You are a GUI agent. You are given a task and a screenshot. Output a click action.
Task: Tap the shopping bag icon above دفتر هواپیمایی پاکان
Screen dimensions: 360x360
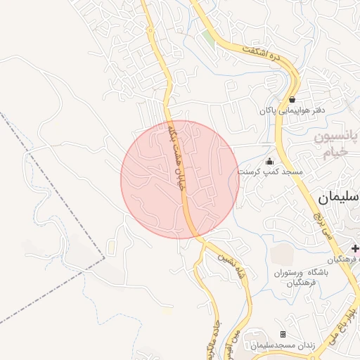[x=292, y=99]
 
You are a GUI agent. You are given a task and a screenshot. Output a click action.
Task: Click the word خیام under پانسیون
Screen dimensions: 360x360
[x=335, y=153]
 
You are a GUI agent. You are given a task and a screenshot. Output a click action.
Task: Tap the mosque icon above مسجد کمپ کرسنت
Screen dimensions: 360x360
[x=269, y=161]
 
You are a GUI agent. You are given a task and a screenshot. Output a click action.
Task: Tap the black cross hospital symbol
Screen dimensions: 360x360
[x=356, y=248]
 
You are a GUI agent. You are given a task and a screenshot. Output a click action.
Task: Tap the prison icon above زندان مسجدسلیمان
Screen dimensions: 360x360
[x=283, y=334]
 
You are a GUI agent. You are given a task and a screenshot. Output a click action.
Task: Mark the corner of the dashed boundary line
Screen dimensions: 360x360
[x=105, y=258]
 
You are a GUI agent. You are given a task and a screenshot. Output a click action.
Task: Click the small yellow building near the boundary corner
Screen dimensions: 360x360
[x=111, y=248]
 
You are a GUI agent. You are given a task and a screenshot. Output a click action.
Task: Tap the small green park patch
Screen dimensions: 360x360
[x=208, y=37]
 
